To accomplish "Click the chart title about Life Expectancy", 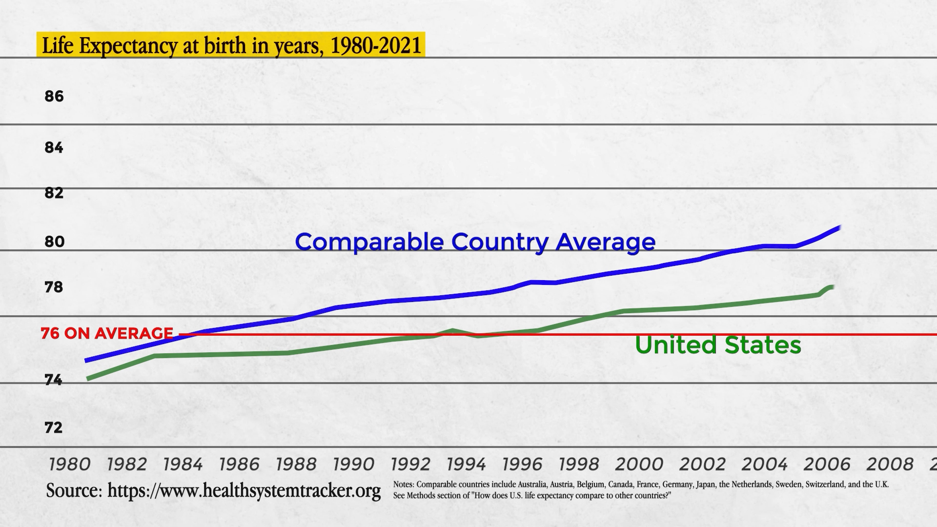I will click(x=231, y=45).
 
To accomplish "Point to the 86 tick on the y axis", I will click(x=54, y=97).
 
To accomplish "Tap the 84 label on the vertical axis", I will click(x=54, y=148).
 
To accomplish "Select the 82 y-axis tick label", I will click(x=54, y=193).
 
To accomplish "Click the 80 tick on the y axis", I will click(x=54, y=242).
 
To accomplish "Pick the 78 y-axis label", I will click(x=54, y=287).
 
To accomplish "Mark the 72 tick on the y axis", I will click(x=54, y=428).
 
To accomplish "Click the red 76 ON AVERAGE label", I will click(x=107, y=333).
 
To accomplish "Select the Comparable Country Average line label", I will click(x=475, y=242).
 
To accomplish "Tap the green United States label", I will click(x=718, y=345).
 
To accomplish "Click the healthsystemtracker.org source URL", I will click(x=244, y=490).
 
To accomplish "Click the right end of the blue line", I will click(x=839, y=227).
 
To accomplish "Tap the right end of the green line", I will click(x=832, y=287).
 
